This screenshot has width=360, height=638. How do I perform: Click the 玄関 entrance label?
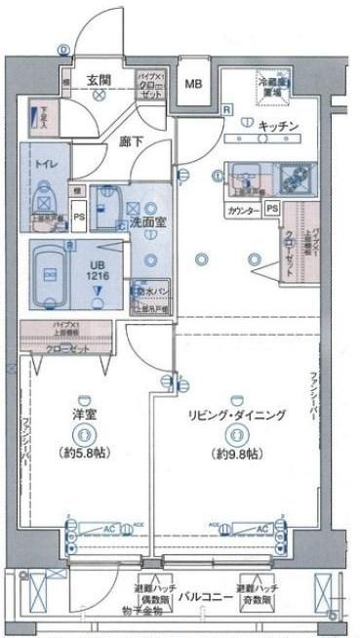tap(98, 80)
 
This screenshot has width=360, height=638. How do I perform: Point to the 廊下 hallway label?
tap(133, 142)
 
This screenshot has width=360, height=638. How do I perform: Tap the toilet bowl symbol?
tap(43, 198)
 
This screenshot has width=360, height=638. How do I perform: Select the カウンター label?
tap(242, 210)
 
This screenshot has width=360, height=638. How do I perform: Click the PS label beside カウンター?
tap(272, 210)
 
